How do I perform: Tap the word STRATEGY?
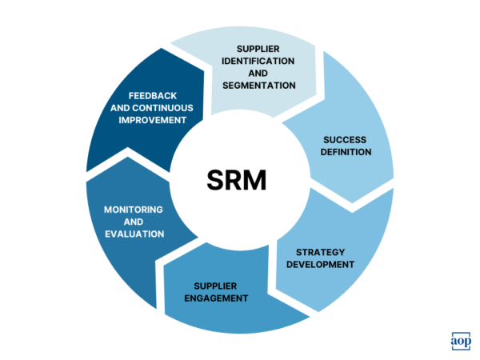[x=319, y=251]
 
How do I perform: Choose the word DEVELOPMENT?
[x=319, y=264]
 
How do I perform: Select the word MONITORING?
[x=134, y=210]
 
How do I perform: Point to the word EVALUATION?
[x=134, y=234]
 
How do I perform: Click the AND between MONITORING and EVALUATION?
[x=134, y=222]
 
